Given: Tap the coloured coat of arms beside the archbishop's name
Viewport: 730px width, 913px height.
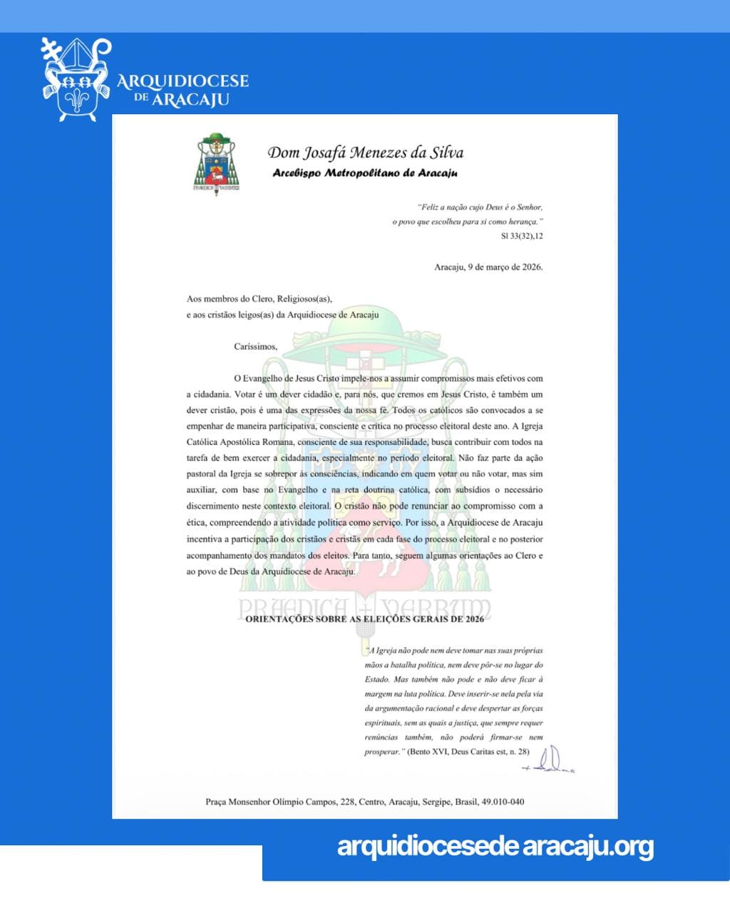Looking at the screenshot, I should click(x=218, y=163).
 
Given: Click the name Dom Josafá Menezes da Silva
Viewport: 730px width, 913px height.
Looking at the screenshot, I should click(x=365, y=153).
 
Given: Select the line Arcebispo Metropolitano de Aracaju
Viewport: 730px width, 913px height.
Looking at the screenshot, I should click(x=365, y=173).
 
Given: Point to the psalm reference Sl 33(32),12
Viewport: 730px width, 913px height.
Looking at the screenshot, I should click(x=522, y=235).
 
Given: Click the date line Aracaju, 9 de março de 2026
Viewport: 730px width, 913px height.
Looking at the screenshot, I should click(x=488, y=267).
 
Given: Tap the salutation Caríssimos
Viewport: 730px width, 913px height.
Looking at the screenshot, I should click(x=255, y=347).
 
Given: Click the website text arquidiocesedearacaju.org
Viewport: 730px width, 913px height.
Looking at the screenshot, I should click(x=495, y=847).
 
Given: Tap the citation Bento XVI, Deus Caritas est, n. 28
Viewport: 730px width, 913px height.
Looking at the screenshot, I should click(x=468, y=752).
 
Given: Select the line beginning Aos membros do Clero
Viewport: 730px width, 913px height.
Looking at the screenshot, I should click(x=259, y=299).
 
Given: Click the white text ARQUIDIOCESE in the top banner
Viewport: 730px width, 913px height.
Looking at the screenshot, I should click(x=182, y=81).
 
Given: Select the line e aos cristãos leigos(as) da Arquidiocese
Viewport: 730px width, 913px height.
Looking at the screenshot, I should click(x=282, y=315).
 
